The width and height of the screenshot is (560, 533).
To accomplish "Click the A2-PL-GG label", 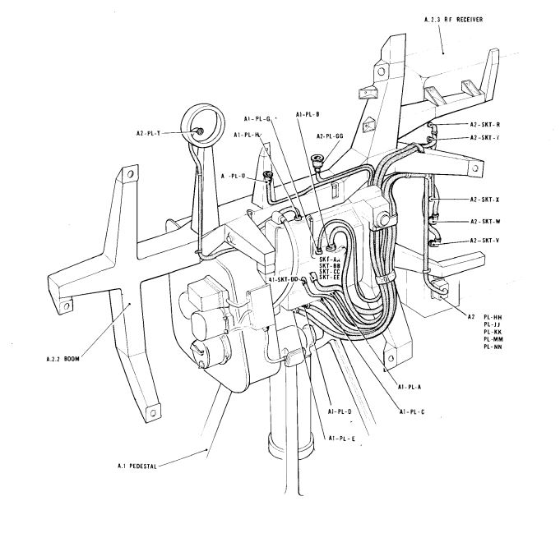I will [x=330, y=136].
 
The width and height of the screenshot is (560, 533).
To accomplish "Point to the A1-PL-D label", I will [x=340, y=410].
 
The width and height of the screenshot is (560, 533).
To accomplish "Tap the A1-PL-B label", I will [x=306, y=114].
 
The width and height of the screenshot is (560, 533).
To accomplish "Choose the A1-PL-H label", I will [x=247, y=135].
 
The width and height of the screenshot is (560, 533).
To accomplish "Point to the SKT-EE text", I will [x=329, y=277].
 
